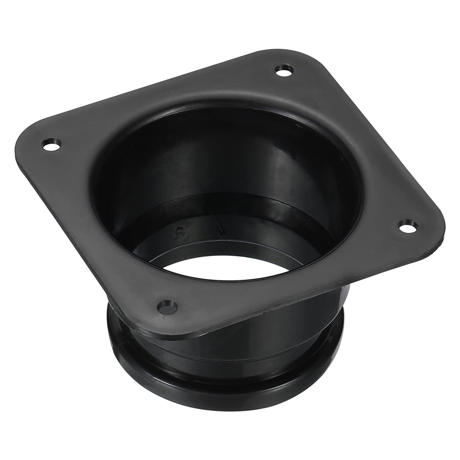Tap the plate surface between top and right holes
359,138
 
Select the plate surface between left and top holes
158,98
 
